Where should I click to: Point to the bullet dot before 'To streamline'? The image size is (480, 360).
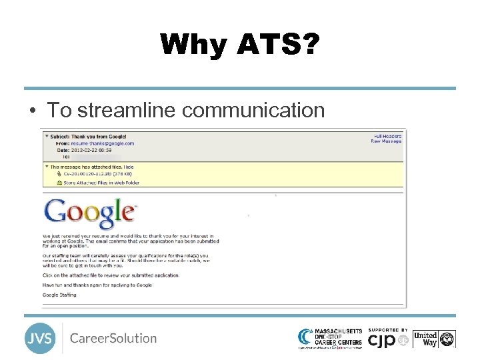point(32,111)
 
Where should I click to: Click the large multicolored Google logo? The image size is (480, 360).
point(89,213)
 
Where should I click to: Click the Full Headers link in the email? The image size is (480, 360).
point(387,136)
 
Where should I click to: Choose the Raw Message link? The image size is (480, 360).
point(387,141)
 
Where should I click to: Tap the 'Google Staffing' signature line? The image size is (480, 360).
point(60,295)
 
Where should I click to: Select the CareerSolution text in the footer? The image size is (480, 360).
point(113,338)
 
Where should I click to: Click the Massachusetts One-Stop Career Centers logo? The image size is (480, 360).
point(330,338)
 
